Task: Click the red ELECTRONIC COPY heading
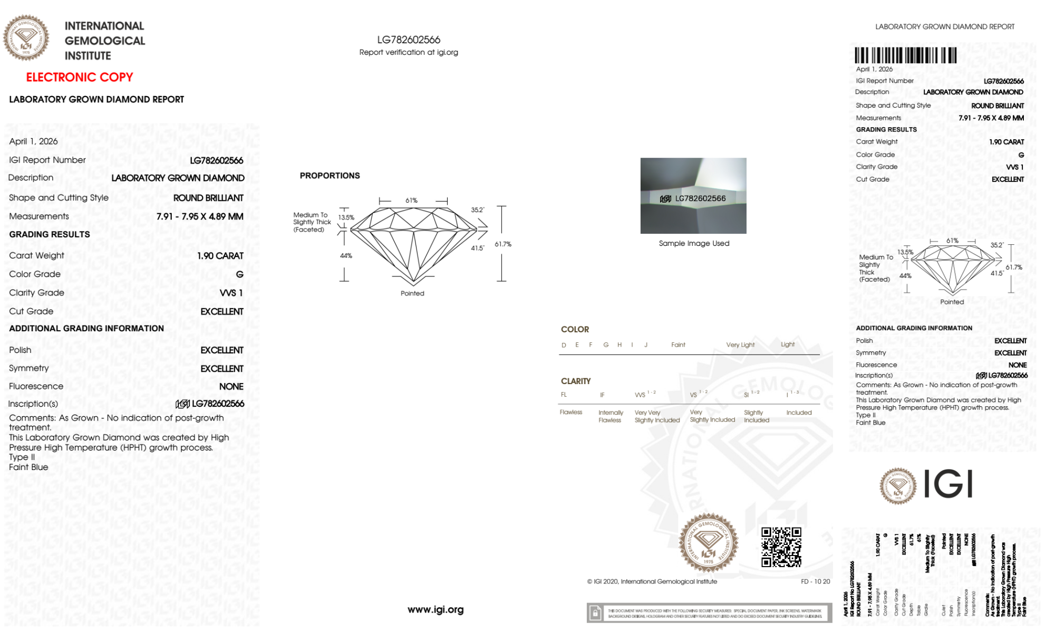80,77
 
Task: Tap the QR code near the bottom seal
781,547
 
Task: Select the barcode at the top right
905,55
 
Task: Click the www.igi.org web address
435,609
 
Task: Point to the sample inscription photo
693,196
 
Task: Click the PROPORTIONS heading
330,176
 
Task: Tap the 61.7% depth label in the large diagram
502,244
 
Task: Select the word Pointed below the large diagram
412,293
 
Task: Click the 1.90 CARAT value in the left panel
220,256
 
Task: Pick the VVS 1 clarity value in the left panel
231,293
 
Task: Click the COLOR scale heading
575,329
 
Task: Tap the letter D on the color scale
564,345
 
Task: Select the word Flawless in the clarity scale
570,412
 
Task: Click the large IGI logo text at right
948,484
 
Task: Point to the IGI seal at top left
26,38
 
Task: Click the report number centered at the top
409,40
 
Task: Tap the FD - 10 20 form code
815,581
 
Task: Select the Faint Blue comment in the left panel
28,467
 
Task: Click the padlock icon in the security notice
595,613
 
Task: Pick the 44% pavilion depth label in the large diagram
346,256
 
